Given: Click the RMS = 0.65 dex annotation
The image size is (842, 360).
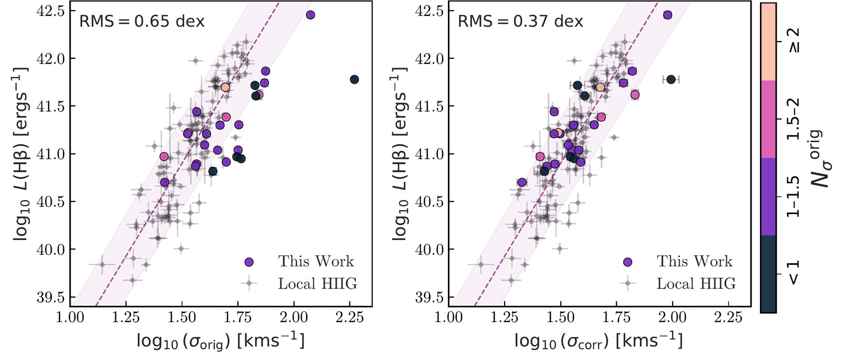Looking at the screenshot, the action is tap(142, 22).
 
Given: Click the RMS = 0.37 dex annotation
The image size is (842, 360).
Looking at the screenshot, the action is tap(520, 22).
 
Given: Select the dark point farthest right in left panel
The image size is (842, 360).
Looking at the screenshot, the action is tap(354, 79).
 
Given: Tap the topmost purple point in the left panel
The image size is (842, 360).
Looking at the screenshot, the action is tap(310, 15).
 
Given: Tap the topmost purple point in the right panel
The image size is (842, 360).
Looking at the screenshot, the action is tap(668, 15).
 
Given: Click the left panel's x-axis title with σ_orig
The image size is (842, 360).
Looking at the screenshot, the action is tap(220, 341).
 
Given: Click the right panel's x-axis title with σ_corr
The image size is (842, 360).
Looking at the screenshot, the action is tap(598, 341).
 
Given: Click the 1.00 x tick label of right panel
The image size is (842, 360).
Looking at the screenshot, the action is tap(448, 317).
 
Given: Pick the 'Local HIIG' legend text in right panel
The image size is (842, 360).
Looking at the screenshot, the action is tap(696, 284).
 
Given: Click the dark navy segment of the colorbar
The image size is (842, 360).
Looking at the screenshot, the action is tap(768, 274).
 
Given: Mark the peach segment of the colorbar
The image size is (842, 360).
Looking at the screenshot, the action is tap(768, 42).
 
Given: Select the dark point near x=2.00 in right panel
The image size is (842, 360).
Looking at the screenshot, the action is tap(671, 79).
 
